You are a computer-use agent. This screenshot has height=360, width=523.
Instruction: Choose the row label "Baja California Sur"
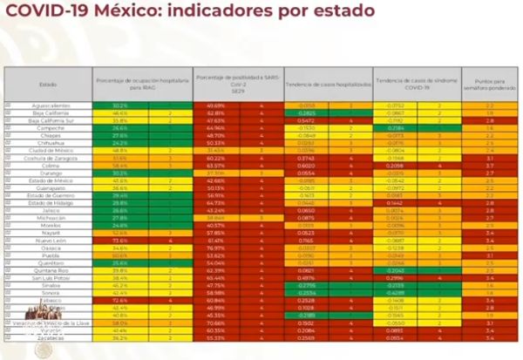pyautogui.click(x=49, y=120)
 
